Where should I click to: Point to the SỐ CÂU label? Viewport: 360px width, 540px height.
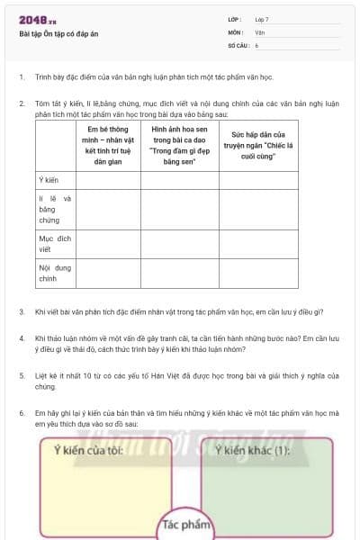tap(238, 44)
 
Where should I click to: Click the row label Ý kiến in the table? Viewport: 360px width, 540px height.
tap(49, 180)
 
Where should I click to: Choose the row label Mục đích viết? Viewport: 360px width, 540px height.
tap(49, 245)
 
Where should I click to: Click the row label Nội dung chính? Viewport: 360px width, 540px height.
tap(49, 274)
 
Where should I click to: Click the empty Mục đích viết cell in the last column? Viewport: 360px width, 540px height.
tap(259, 245)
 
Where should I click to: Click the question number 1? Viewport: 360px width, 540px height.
tap(21, 77)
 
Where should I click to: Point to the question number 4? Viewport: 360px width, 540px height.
tap(21, 337)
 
